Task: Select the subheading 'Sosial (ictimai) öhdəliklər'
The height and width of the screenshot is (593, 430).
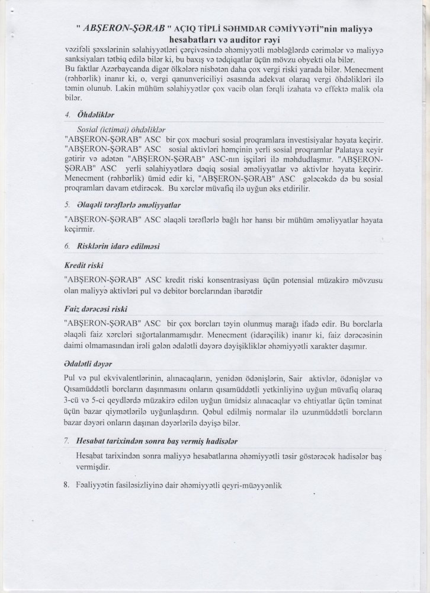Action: pyautogui.click(x=121, y=128)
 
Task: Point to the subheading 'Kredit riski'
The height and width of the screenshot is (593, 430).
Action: pyautogui.click(x=82, y=266)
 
